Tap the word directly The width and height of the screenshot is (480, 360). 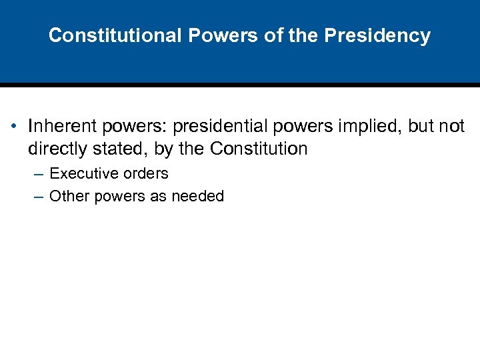coord(57,149)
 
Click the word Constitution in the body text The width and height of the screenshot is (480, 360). coord(259,149)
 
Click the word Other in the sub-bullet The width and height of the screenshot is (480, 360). coord(67,196)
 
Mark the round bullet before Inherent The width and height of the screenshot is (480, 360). coord(13,127)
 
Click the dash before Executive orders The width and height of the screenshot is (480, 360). coord(38,174)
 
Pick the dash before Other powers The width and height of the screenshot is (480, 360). coord(38,196)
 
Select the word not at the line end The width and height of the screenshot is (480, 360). coord(451,127)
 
